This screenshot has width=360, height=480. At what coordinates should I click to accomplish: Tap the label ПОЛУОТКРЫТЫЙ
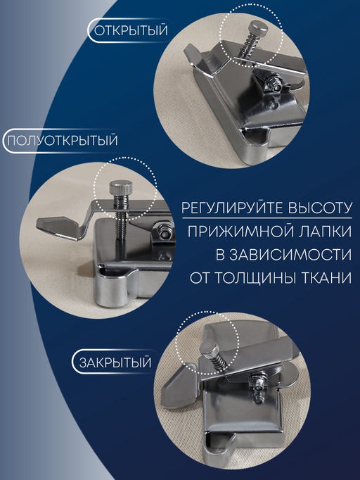[x=61, y=140]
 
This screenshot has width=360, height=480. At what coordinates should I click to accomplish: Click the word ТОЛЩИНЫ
[x=259, y=277]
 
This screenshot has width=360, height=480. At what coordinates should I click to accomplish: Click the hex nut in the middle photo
[x=164, y=231]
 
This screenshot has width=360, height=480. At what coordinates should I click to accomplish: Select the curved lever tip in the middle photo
[x=56, y=225]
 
